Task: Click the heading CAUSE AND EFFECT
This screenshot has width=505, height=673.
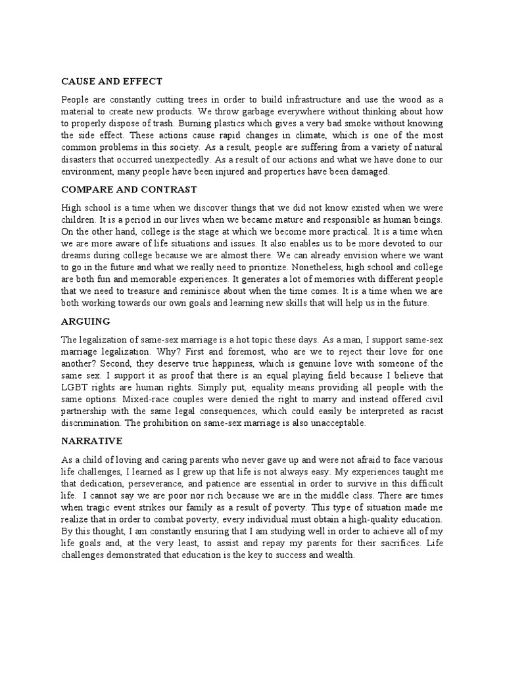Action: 111,81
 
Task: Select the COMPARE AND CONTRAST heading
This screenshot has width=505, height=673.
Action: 129,189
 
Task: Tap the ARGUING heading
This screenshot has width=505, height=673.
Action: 85,321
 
